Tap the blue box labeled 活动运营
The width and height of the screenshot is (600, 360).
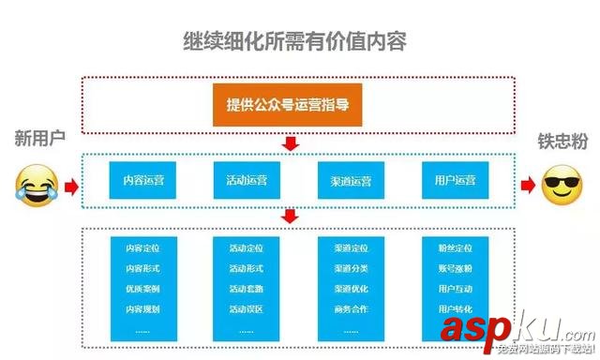[247, 180]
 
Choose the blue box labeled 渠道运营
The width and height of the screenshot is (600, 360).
[351, 180]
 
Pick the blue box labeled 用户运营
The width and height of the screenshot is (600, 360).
[456, 180]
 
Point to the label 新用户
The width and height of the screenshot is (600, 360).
[39, 139]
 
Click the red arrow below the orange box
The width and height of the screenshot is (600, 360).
[291, 143]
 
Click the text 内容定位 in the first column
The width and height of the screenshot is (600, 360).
[142, 249]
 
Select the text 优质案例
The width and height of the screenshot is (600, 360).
[142, 289]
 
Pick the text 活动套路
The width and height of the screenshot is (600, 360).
[247, 289]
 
